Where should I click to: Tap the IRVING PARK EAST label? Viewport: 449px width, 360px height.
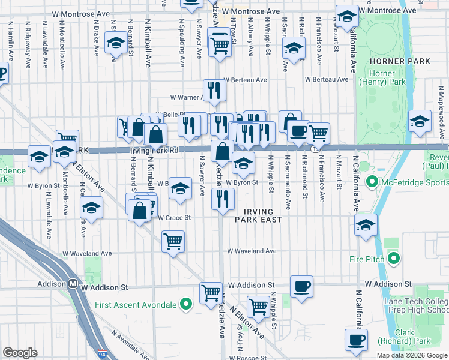coord(261,215)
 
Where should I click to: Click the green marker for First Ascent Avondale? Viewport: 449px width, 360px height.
coord(187,305)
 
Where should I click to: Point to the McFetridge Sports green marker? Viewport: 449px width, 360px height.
coord(371,182)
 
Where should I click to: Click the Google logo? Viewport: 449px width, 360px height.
coord(20,353)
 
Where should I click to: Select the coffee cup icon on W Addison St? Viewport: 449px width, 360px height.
coord(301,285)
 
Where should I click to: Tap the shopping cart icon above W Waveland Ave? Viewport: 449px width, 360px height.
coord(173,241)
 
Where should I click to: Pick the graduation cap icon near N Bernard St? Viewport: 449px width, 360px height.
coord(115,43)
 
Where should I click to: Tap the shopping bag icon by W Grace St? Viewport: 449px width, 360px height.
coord(139,211)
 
